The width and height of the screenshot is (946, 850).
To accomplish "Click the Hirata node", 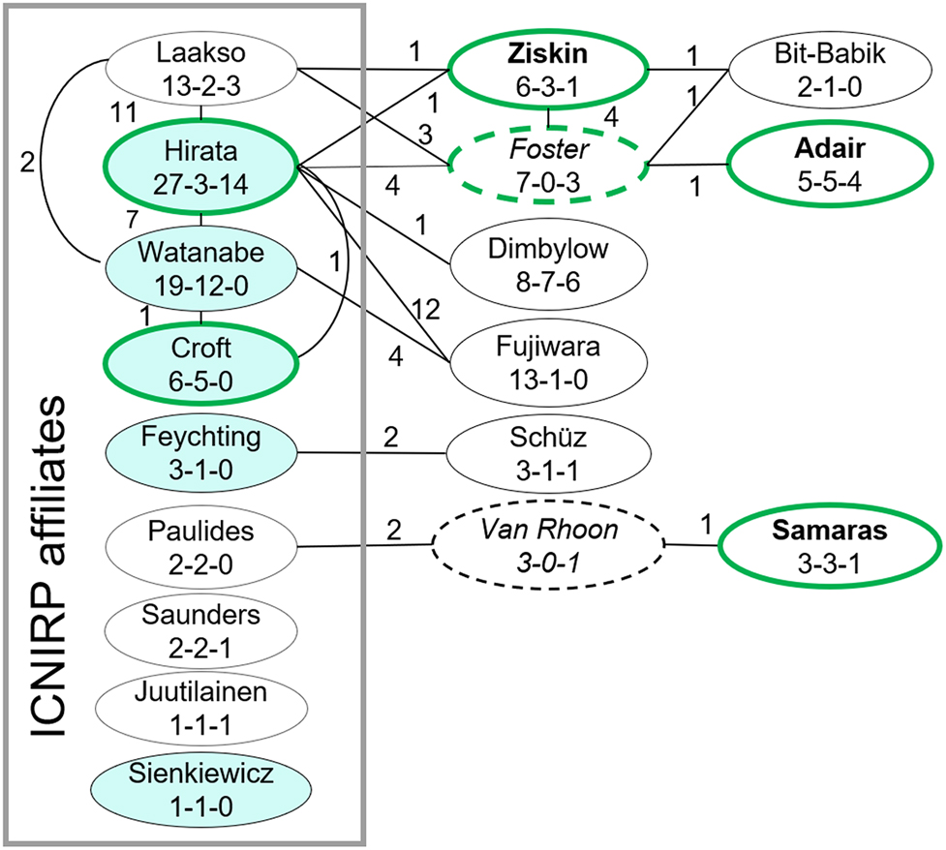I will [200, 167].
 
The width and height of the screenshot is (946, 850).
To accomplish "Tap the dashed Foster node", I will [550, 166].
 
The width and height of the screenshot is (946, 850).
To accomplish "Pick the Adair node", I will [821, 166].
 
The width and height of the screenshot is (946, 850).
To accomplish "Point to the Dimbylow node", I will [550, 262].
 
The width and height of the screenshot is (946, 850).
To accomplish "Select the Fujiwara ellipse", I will [550, 359].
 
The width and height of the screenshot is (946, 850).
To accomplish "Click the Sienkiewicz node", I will [200, 789].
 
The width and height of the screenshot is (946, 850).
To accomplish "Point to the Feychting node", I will [200, 451].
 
